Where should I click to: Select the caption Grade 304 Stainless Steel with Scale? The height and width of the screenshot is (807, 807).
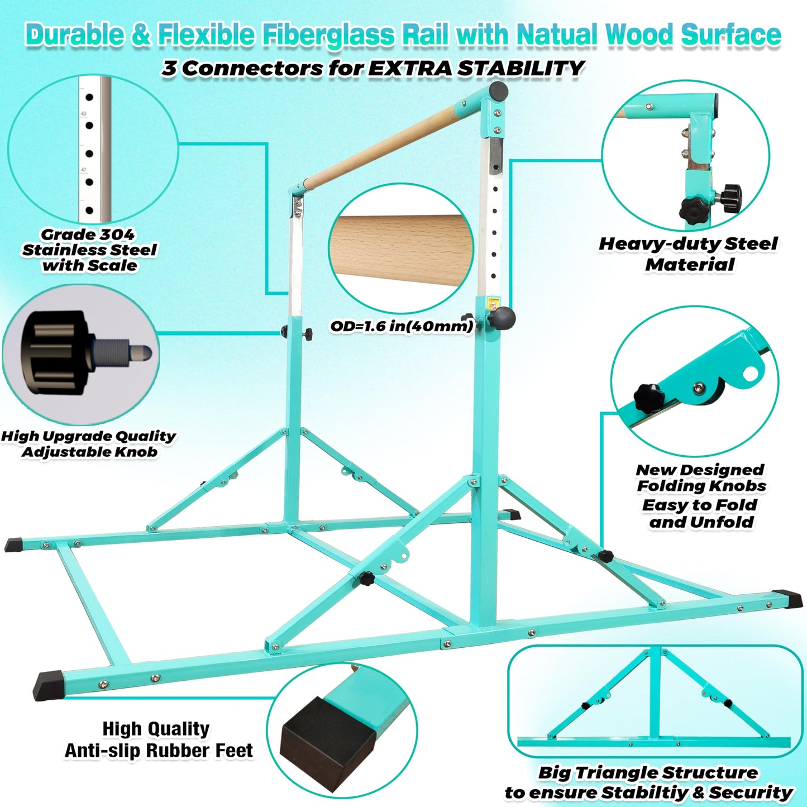[x=89, y=250]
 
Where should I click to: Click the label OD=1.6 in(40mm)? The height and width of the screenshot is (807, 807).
[x=401, y=326]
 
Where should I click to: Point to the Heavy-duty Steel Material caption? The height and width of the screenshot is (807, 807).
[x=688, y=254]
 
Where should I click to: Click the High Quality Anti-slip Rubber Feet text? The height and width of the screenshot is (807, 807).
[x=158, y=739]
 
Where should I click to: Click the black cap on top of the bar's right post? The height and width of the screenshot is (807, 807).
[x=498, y=90]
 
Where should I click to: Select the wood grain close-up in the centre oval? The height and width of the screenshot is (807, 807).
[x=400, y=246]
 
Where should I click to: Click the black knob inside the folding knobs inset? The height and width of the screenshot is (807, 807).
[x=648, y=397]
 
